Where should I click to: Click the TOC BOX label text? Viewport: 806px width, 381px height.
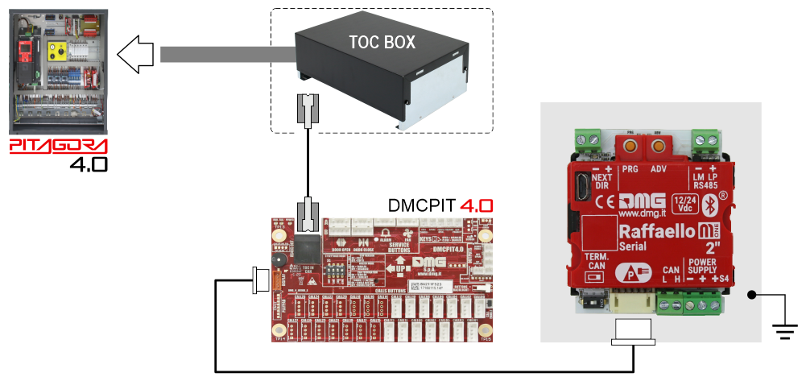pos(382,42)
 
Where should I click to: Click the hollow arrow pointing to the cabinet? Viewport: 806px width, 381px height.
pos(138,55)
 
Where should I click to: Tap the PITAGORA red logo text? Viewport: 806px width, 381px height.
pos(58,147)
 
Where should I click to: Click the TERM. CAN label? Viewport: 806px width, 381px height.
pos(597,259)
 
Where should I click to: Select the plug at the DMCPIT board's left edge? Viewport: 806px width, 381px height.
pos(262,280)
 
